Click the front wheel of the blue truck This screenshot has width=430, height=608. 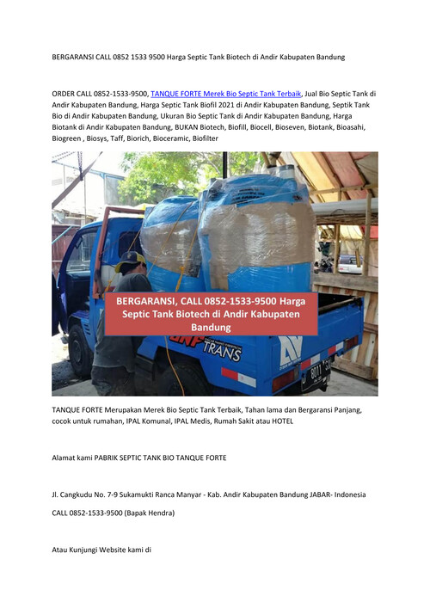point(82,350)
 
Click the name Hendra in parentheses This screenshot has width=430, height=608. point(156,513)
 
